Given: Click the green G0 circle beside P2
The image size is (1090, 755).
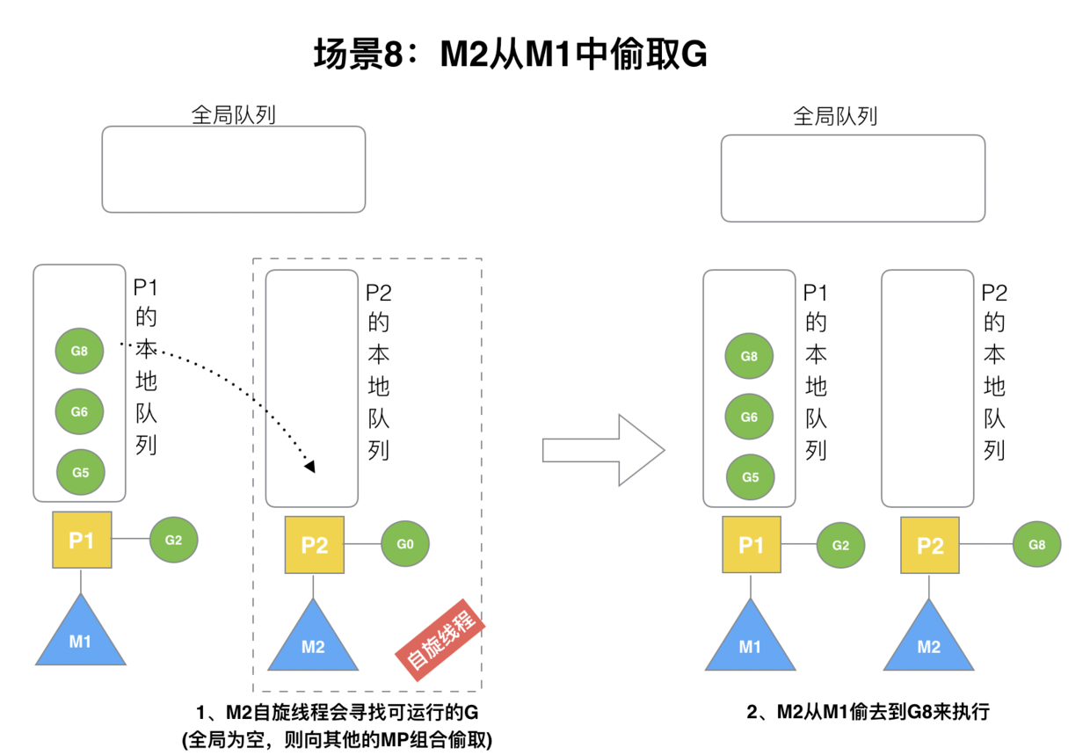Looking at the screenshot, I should click(x=404, y=544).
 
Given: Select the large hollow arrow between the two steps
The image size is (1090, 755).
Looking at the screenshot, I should click(x=603, y=450).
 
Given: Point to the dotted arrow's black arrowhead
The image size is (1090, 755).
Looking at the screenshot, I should click(x=309, y=466).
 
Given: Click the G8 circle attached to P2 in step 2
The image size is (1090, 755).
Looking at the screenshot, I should click(x=1036, y=545).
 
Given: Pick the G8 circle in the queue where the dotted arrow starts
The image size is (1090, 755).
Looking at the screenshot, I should click(x=80, y=351).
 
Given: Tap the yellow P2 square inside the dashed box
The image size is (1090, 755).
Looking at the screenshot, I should click(x=314, y=545).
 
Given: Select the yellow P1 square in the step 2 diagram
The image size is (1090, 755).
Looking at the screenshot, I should click(x=751, y=545).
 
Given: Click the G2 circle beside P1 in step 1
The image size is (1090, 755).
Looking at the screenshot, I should click(x=173, y=540).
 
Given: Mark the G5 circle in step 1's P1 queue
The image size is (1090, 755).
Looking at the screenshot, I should click(x=80, y=472).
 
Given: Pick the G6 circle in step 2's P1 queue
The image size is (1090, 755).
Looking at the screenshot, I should click(x=749, y=417).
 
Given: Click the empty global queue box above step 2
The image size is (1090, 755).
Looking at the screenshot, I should click(x=853, y=178).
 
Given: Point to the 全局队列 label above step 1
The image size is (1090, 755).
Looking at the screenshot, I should click(x=233, y=115).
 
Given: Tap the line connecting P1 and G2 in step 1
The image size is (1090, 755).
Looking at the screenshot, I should click(x=131, y=540).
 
